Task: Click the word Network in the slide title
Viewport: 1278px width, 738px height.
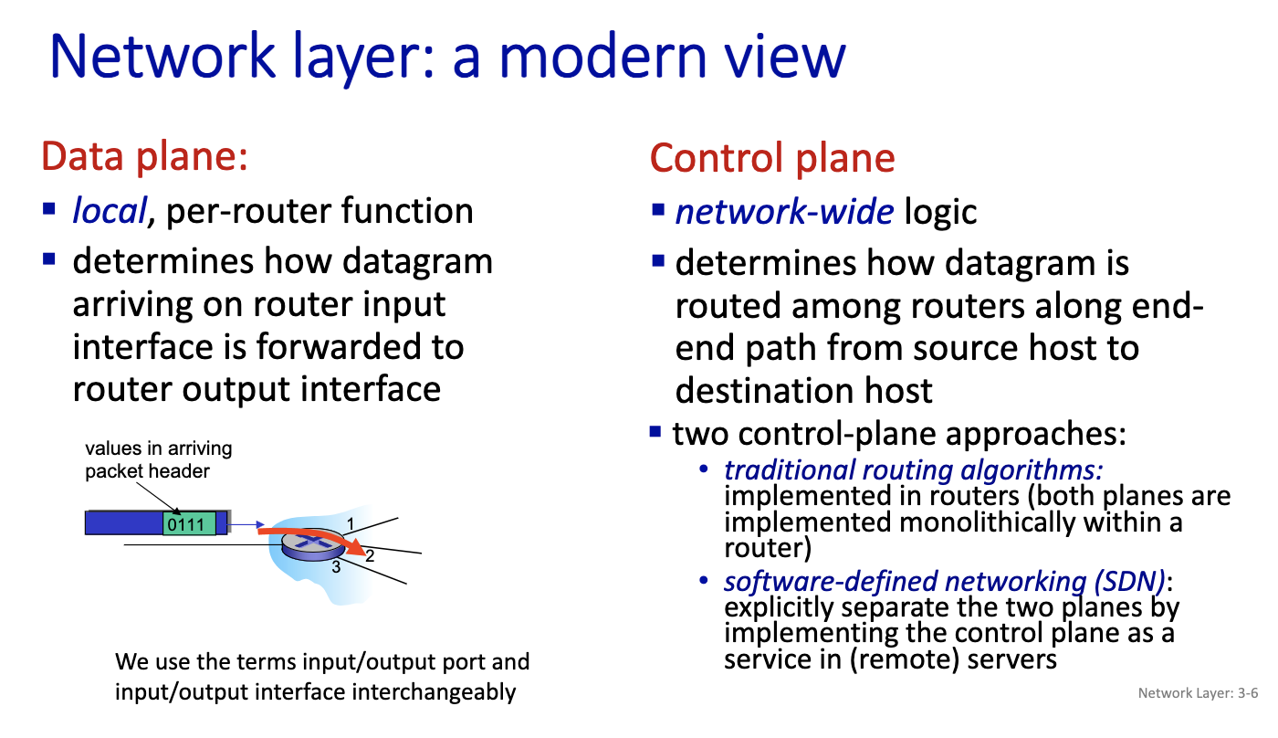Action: pos(162,56)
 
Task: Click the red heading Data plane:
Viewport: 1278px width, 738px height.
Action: pos(145,156)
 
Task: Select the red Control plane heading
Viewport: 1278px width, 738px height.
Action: pos(772,158)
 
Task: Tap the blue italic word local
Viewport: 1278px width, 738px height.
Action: pos(110,211)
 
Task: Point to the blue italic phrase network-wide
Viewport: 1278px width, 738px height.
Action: pos(784,212)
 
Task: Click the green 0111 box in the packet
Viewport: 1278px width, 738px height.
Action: pos(190,523)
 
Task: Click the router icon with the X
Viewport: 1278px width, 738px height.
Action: pos(313,544)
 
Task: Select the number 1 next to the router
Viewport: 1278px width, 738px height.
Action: pos(351,523)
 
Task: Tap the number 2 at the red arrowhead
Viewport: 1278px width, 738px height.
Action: pos(370,555)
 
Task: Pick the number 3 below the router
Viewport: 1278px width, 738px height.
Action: pos(336,567)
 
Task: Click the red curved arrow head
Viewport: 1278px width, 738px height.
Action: pos(358,547)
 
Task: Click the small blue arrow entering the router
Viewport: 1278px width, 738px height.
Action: pos(246,524)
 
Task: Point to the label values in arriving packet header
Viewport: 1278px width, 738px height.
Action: pos(159,459)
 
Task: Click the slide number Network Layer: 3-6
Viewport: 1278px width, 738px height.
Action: pos(1198,693)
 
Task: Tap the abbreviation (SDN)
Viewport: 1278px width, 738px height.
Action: pos(1130,582)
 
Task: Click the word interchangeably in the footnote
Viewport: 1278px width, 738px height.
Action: pos(434,692)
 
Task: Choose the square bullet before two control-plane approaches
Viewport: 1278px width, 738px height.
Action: pos(655,431)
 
